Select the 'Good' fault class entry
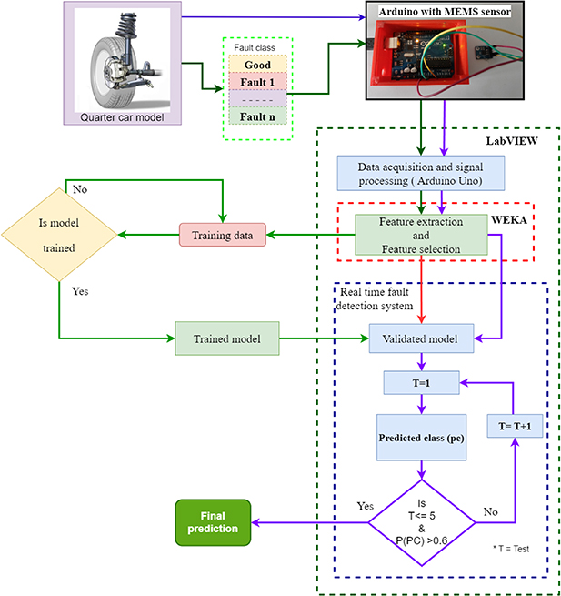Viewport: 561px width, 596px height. point(257,65)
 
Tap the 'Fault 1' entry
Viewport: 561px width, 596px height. point(257,81)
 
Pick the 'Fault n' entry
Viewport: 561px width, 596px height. point(257,116)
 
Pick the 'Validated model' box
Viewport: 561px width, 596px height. point(421,339)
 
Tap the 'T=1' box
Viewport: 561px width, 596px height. point(422,382)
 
